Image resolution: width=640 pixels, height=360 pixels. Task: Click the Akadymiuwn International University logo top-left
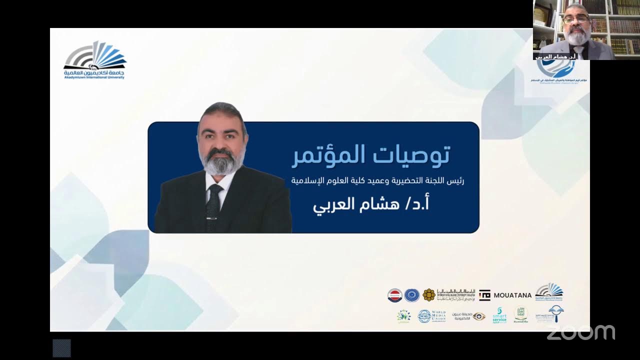point(95,60)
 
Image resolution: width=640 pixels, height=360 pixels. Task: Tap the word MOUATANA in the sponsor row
point(512,295)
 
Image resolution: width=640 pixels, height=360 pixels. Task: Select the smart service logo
point(499,315)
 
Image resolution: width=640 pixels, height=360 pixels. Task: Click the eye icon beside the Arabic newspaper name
point(479,316)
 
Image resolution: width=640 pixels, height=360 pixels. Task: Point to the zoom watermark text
point(580,332)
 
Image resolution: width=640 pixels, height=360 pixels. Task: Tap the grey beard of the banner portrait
point(220,162)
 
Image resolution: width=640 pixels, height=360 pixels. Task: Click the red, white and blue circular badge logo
point(395,295)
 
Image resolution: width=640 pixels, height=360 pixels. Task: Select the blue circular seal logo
point(412,295)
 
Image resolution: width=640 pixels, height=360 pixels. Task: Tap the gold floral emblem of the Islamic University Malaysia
point(429,295)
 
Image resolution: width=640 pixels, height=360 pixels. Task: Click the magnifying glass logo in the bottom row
point(556,313)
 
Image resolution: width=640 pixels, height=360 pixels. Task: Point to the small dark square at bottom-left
point(61,348)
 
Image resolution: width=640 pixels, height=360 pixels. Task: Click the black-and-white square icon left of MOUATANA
point(484,295)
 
